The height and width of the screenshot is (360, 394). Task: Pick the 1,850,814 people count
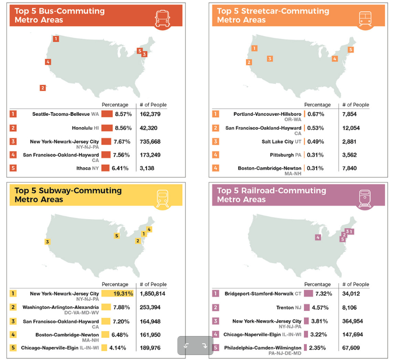152,294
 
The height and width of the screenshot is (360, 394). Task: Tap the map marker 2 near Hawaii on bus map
43,88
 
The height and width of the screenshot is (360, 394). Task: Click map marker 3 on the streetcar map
270,58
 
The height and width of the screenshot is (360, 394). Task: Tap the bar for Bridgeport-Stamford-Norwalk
309,294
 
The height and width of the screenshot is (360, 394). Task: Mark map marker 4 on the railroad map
318,237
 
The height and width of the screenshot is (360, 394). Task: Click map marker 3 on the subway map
47,242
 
